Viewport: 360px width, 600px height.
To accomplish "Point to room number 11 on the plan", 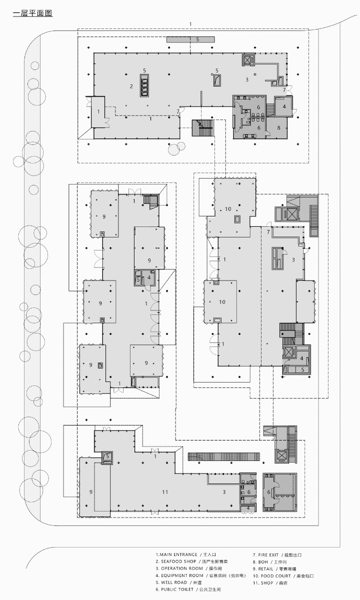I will (x=165, y=492).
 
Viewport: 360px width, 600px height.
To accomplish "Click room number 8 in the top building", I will (x=278, y=127).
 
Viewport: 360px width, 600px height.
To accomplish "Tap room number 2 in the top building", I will (x=131, y=86).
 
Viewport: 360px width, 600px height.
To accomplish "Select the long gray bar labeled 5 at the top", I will (x=190, y=39).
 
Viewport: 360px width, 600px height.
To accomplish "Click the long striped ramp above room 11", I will (x=224, y=456).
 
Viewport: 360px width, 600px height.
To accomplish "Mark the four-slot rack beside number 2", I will (x=145, y=86).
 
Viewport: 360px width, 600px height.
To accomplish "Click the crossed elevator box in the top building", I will (x=248, y=59).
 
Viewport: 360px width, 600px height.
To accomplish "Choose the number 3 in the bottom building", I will (x=224, y=492).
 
